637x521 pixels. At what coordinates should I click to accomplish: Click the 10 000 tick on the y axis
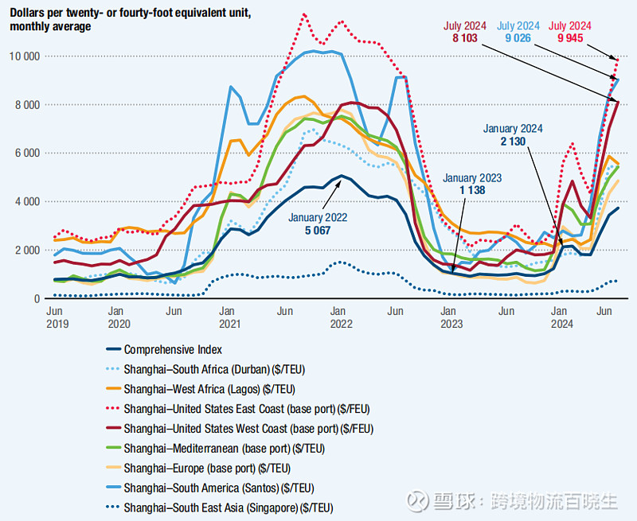23,56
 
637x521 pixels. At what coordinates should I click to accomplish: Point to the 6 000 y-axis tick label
26,153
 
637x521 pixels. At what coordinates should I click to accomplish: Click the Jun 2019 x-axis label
57,317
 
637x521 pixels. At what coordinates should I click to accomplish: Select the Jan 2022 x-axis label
341,317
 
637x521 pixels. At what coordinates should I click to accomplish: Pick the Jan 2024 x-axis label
562,317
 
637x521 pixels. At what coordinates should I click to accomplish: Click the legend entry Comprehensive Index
173,349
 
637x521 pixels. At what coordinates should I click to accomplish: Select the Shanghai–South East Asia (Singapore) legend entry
229,507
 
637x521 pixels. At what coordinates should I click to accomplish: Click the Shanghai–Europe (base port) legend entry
207,468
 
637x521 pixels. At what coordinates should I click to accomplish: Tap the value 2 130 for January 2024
514,142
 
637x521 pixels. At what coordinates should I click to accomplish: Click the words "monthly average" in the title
50,26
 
